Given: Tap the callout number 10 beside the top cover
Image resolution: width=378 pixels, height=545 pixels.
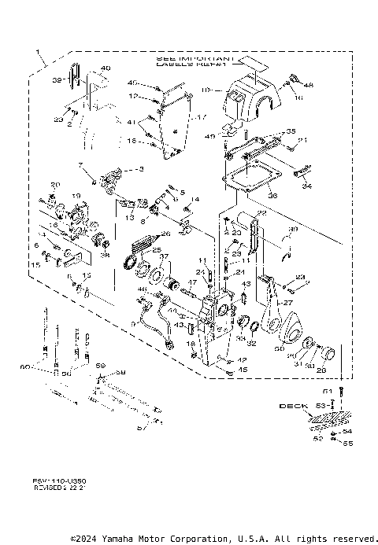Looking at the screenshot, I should coord(206,90).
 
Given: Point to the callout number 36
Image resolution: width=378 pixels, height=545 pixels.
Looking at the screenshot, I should coord(272,196).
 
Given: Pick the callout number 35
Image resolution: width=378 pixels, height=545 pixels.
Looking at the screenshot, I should coord(291,131).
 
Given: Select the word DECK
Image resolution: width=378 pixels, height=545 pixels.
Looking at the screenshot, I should coord(291,407).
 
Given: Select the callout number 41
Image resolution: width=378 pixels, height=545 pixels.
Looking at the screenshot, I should coord(133,122).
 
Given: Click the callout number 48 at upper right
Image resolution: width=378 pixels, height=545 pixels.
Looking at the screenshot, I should coord(309,84).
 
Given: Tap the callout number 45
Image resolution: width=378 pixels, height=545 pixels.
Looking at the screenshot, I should coord(221,370).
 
